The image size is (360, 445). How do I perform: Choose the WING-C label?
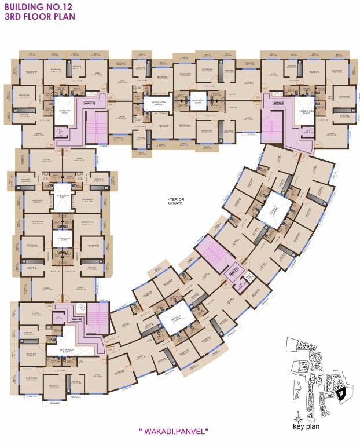tap(234, 270)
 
